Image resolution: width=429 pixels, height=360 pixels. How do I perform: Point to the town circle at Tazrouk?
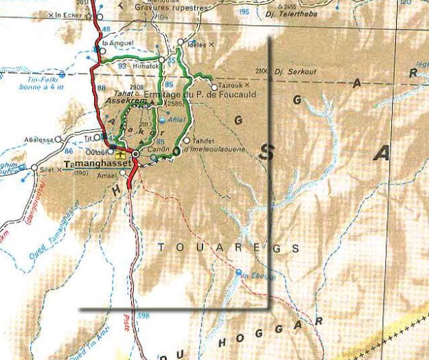(214, 87)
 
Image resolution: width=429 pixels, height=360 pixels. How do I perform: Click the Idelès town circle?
(181, 42)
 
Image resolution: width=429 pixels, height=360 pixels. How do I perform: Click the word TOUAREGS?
(229, 247)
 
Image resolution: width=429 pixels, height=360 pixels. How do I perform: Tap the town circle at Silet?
(34, 168)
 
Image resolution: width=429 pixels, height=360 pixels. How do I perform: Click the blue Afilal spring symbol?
(162, 119)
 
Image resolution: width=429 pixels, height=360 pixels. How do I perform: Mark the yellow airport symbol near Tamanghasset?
(121, 156)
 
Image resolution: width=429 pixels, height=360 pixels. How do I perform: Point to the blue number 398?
(142, 315)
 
